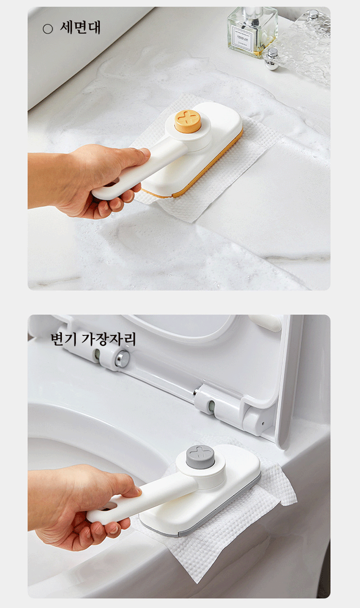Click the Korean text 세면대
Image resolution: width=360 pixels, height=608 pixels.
[x=80, y=28]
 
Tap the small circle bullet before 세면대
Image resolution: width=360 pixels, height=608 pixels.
[x=48, y=29]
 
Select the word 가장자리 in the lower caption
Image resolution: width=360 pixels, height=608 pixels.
[x=108, y=339]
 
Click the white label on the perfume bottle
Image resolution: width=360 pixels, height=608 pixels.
[x=243, y=38]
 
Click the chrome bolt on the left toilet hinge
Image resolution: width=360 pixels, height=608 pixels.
[x=122, y=358]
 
